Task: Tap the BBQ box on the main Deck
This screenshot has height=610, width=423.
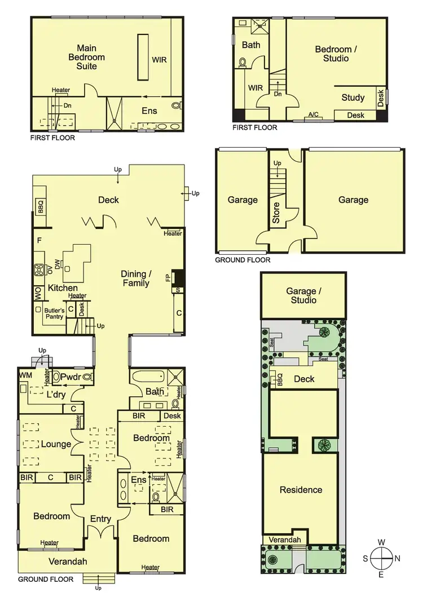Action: point(40,207)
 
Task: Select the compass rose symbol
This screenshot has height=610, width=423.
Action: point(382,559)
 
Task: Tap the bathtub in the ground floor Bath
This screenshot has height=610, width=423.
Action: point(148,377)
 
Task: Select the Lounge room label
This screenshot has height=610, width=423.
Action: point(56,444)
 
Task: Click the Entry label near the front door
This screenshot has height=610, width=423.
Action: point(100,519)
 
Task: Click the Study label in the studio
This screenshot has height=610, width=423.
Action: point(353,98)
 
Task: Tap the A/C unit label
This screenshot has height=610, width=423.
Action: point(313,115)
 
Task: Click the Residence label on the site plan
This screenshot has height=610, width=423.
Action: point(301,490)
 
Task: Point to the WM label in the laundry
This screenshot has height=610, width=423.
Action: point(25,375)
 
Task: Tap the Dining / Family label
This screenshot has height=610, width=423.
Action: point(136,279)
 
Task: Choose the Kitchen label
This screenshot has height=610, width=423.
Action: point(63,288)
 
